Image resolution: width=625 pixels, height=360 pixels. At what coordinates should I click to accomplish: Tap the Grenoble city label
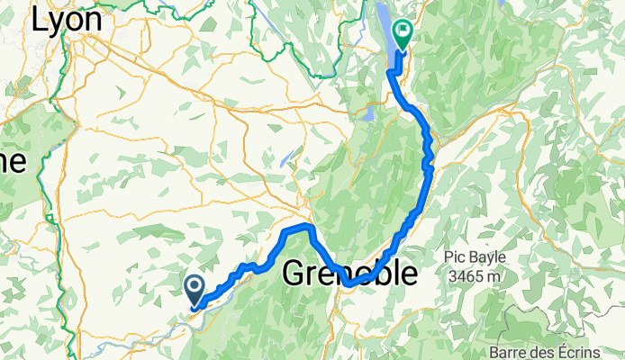tap(351, 274)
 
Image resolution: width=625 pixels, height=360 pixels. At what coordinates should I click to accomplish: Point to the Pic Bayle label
tap(475, 257)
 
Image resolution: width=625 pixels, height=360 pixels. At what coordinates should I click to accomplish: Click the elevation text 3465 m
tap(475, 276)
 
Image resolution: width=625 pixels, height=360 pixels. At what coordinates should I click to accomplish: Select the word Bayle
tap(487, 257)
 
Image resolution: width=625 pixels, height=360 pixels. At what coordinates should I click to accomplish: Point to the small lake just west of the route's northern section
tap(368, 114)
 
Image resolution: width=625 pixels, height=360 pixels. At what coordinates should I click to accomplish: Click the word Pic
tap(454, 257)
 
